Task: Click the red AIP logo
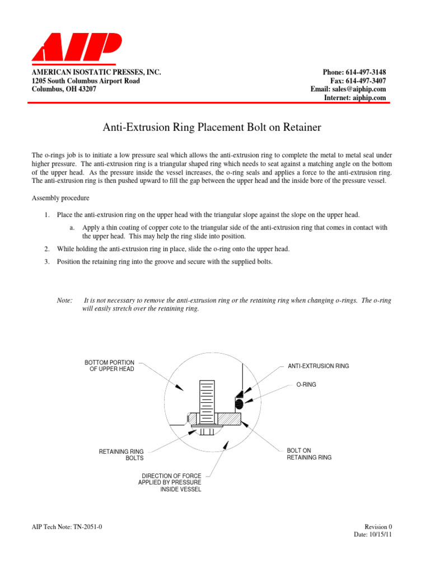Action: tap(76, 48)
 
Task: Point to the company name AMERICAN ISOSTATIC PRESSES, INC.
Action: tap(96, 73)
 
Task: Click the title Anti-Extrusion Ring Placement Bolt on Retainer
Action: tap(212, 128)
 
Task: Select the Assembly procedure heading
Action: tap(60, 199)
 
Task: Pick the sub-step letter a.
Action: tap(72, 228)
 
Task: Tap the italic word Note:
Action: tap(65, 300)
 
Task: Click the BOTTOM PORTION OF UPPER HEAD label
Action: tap(110, 366)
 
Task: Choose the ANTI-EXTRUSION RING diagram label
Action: tap(318, 366)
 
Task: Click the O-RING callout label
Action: tap(306, 385)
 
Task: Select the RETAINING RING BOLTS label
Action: tap(121, 454)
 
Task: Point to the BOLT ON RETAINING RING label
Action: tap(309, 454)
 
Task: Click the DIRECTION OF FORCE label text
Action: tap(170, 482)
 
